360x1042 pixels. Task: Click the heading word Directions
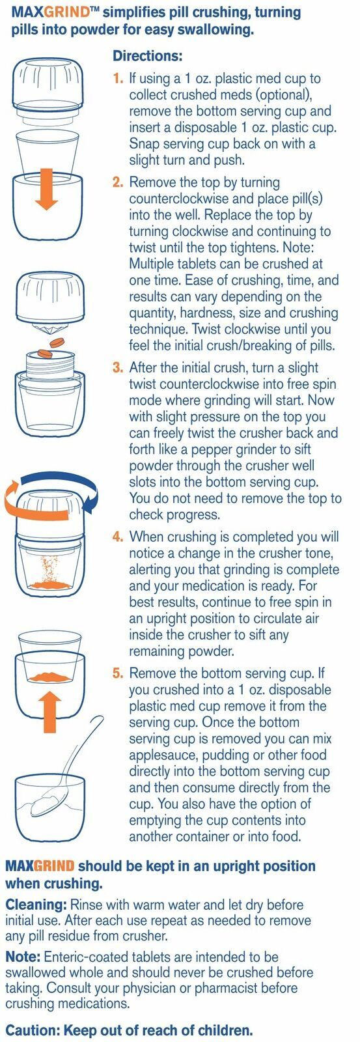(x=147, y=56)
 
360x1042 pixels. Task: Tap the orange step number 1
(x=117, y=79)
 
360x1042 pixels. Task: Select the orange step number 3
(x=117, y=367)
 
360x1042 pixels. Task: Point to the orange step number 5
(x=117, y=673)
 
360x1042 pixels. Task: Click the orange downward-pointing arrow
(x=46, y=188)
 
